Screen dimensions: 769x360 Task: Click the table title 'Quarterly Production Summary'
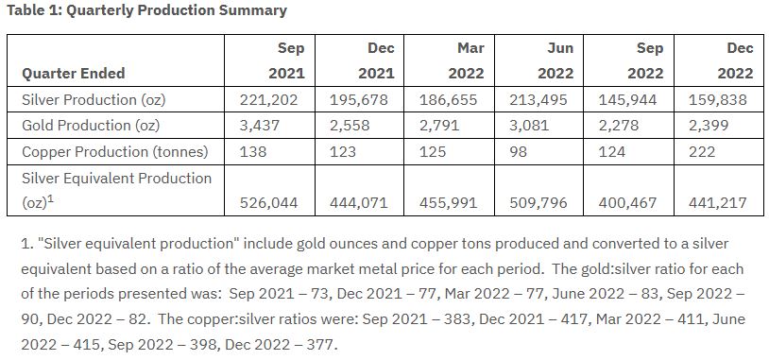click(176, 10)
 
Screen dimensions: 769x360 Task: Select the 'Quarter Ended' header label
click(74, 74)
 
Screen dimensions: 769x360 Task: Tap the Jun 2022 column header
click(555, 60)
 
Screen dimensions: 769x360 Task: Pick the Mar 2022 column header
click(466, 60)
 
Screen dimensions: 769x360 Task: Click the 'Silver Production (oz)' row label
click(94, 99)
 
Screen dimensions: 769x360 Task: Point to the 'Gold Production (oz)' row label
click(91, 126)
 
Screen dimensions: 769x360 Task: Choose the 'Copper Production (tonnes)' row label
click(114, 151)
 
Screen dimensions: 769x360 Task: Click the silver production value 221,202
click(268, 99)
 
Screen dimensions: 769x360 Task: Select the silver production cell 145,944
click(627, 99)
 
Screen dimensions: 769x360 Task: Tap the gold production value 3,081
click(529, 126)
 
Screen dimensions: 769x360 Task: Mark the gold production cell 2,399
click(709, 126)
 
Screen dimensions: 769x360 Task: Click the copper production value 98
click(518, 151)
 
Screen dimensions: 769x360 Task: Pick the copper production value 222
click(702, 151)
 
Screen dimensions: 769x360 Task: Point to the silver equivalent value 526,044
click(268, 202)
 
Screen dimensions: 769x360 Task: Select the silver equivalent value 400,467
click(627, 202)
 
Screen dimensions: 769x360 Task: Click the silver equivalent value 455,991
click(448, 202)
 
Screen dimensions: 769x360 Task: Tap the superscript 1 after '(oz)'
click(50, 199)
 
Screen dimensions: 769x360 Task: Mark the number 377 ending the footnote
click(323, 344)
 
